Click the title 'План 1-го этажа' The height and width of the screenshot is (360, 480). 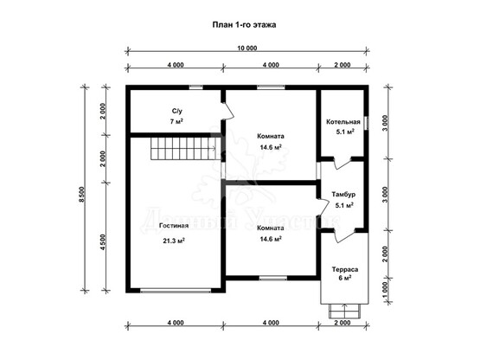(244, 24)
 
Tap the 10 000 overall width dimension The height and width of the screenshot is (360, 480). (247, 48)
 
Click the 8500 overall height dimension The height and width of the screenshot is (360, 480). (81, 195)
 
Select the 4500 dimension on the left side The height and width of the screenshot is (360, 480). (103, 242)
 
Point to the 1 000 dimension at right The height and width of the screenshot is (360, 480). (385, 290)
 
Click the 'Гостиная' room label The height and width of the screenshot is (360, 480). (174, 226)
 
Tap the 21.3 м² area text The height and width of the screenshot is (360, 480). (174, 241)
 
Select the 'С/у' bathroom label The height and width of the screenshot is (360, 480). (176, 111)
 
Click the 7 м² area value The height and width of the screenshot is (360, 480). (176, 121)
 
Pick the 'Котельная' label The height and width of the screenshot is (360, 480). (342, 122)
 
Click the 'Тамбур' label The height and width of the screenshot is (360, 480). (343, 194)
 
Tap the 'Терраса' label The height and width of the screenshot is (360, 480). (345, 270)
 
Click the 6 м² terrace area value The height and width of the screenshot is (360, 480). (345, 278)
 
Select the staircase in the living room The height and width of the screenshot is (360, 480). (186, 148)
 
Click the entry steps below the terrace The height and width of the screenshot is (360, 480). (344, 311)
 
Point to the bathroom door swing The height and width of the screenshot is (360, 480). (227, 111)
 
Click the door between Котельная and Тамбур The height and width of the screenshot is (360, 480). (342, 163)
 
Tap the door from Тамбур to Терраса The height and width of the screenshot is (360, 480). (344, 235)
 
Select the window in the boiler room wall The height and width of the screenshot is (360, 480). (366, 123)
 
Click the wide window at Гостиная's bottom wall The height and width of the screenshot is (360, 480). (176, 290)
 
